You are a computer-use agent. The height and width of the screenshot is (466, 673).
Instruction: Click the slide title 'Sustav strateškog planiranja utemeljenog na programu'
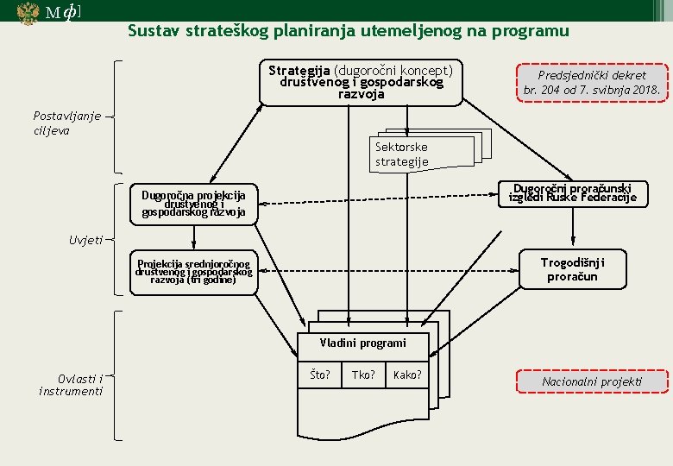(x=348, y=31)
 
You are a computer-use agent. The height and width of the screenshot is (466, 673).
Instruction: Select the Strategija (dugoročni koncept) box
(x=361, y=82)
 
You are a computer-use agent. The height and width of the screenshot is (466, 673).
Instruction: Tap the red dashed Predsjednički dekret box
(x=592, y=82)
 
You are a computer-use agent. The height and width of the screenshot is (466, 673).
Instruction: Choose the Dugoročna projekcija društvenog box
(x=193, y=204)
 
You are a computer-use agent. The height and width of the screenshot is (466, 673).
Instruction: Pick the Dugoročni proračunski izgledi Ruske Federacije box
(x=572, y=193)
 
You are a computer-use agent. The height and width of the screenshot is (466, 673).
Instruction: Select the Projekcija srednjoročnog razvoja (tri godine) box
(x=193, y=272)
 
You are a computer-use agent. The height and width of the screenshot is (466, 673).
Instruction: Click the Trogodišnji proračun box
(x=572, y=269)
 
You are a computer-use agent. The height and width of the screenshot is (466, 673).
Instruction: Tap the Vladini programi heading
(x=362, y=343)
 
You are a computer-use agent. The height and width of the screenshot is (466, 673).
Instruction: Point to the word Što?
(x=320, y=375)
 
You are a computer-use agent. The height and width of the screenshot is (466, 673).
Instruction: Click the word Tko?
(x=362, y=375)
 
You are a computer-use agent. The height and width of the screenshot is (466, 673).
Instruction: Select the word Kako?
(x=407, y=375)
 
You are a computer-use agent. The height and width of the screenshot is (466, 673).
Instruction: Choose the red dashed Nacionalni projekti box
(x=592, y=381)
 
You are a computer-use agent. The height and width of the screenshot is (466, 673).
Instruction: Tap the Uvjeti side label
(x=85, y=240)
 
